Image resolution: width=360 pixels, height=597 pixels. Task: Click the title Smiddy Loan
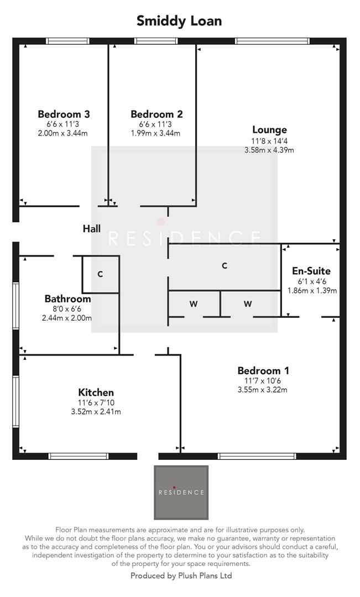click(180, 22)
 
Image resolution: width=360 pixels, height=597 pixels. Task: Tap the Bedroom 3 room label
click(64, 114)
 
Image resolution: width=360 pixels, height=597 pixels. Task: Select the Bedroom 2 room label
click(156, 114)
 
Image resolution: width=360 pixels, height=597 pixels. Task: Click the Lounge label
click(269, 130)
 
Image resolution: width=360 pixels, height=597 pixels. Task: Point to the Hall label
click(92, 228)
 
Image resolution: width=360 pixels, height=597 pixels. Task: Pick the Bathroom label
click(67, 299)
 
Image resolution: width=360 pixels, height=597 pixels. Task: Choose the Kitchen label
click(96, 392)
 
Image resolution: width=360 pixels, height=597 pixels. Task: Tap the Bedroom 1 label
click(263, 371)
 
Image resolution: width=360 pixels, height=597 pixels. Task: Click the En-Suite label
click(311, 271)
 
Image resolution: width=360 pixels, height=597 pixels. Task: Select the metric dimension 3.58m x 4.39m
click(269, 150)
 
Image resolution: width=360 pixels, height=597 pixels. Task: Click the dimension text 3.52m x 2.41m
click(96, 412)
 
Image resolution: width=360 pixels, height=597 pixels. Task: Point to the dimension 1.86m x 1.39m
click(312, 291)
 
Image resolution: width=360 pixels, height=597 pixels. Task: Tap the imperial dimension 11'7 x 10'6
click(263, 381)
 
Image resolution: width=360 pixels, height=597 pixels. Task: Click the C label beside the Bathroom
click(100, 274)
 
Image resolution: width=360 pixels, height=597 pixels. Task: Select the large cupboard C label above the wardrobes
click(225, 266)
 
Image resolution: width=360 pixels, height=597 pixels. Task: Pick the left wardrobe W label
click(194, 303)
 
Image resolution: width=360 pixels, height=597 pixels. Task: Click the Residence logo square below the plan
click(181, 493)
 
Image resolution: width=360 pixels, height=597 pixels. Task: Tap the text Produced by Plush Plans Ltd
click(181, 576)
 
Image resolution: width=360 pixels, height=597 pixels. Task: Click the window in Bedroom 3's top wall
click(67, 40)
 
